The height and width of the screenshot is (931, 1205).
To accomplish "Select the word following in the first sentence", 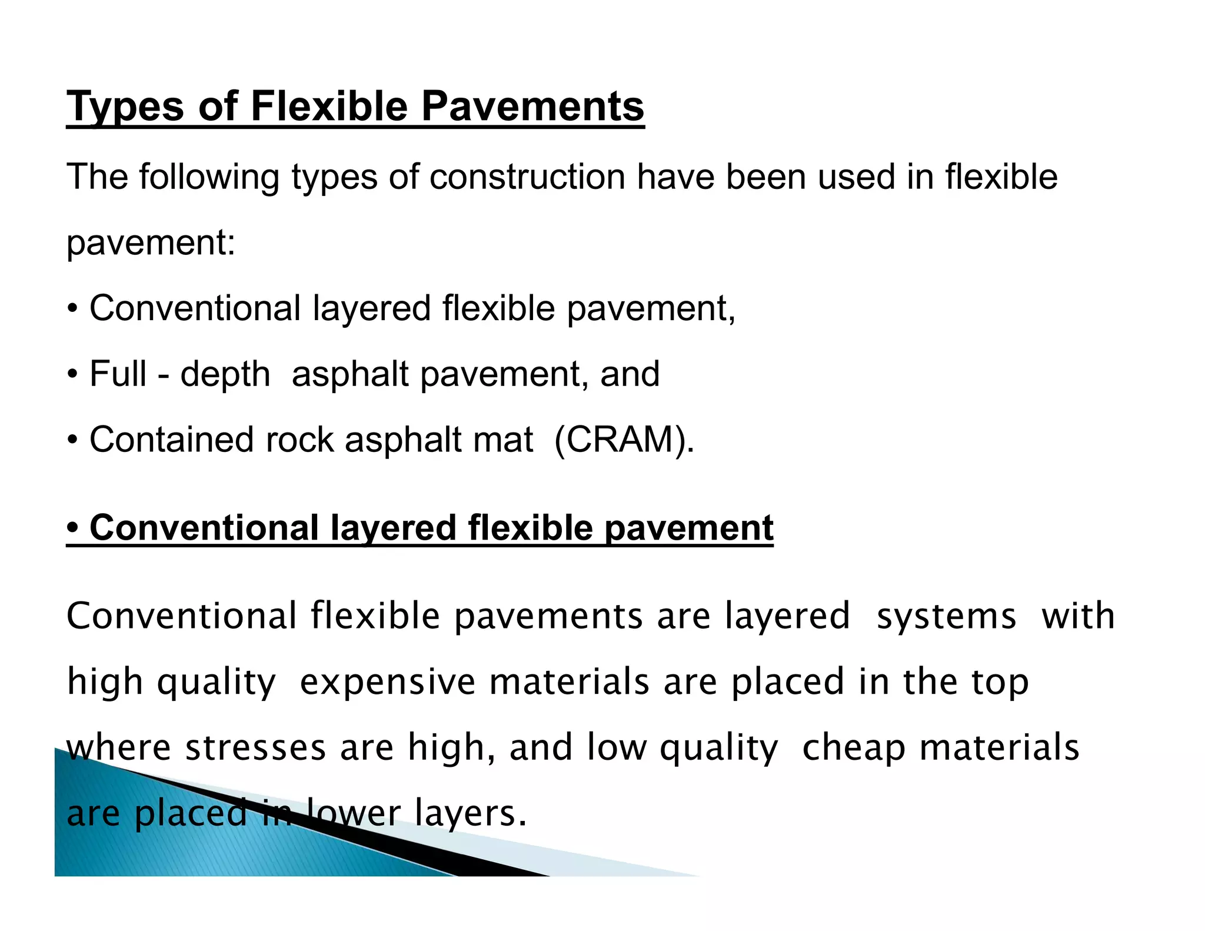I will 209,177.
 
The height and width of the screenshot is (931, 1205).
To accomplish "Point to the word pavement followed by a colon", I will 151,242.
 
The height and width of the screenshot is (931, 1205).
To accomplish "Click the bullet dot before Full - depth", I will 72,374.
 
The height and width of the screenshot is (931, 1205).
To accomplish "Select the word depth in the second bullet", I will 225,374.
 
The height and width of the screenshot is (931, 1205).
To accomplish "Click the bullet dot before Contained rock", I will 72,440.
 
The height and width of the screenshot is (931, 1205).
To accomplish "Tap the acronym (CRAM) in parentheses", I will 624,440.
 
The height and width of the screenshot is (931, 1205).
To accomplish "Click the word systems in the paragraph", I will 946,616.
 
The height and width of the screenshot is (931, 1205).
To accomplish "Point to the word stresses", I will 255,747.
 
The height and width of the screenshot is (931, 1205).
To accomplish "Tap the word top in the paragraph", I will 1000,682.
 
